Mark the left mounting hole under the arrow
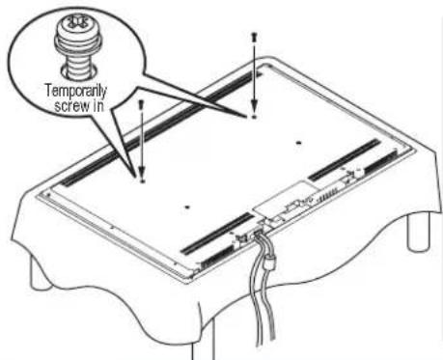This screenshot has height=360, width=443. (x=142, y=179)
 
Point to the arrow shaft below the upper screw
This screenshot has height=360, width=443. (x=254, y=77)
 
